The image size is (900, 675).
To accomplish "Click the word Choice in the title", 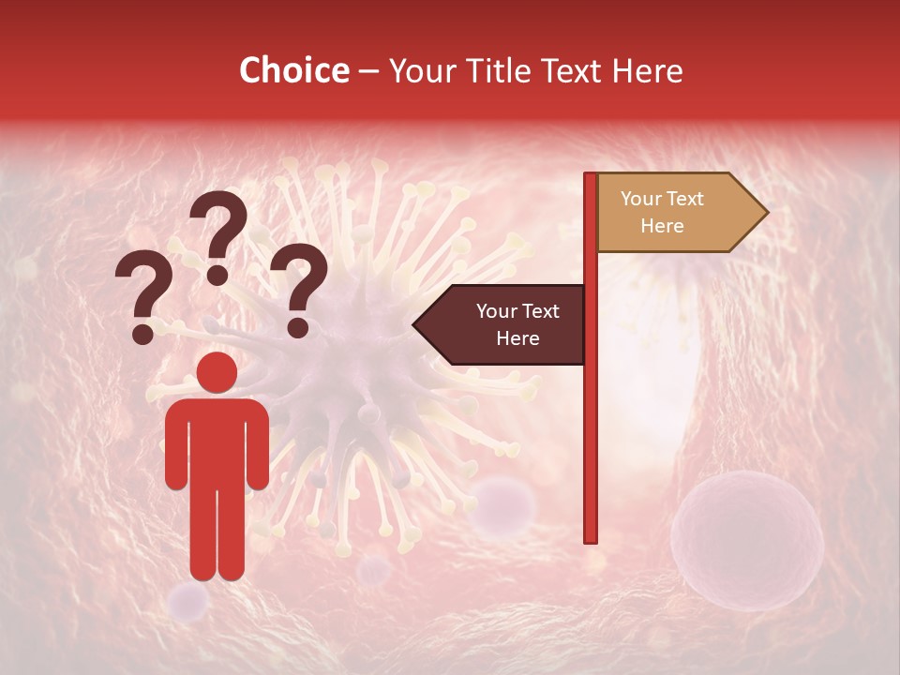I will (x=294, y=71).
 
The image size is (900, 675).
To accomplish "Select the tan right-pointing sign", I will (x=675, y=213).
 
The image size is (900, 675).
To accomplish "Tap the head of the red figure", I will (x=217, y=372).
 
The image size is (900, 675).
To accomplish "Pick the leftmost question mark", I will (x=143, y=291).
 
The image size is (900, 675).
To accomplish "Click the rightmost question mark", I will (x=300, y=286).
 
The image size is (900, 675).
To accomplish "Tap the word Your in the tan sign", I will (x=641, y=199).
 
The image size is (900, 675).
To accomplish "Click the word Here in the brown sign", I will (x=517, y=338).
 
